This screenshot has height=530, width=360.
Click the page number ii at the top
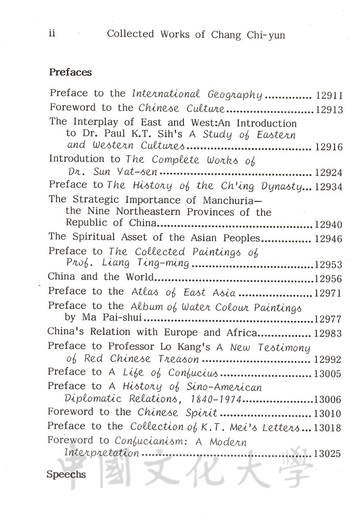(52, 34)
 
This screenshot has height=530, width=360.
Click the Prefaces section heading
(70, 72)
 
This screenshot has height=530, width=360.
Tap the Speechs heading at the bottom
(66, 474)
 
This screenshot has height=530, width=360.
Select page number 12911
(329, 96)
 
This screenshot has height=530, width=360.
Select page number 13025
(327, 454)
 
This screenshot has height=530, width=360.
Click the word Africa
(242, 332)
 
